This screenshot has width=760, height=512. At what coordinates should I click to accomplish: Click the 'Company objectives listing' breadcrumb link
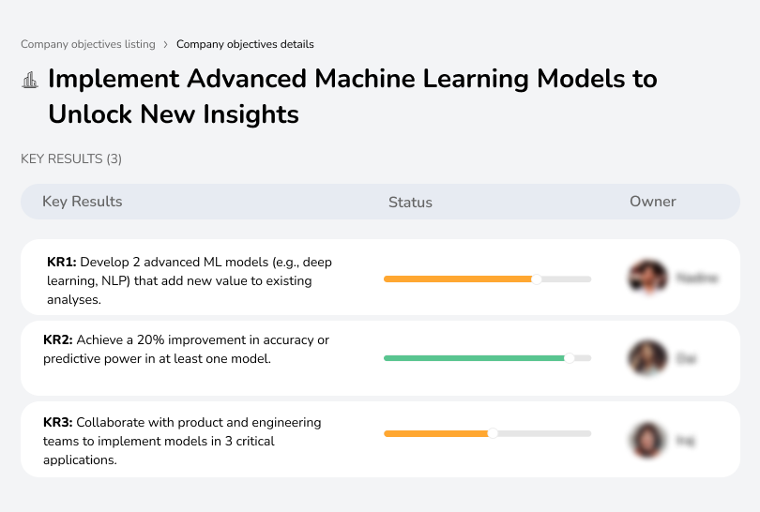[87, 44]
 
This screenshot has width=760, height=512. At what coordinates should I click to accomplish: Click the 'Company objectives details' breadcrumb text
[245, 44]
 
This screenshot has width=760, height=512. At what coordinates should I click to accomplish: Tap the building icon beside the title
[30, 80]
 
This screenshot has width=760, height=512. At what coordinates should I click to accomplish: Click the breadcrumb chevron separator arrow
[165, 44]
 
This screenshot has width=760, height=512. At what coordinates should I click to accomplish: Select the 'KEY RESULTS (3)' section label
[71, 159]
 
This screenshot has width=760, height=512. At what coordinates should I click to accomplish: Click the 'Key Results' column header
[82, 202]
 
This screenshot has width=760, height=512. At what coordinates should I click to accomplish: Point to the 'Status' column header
[410, 202]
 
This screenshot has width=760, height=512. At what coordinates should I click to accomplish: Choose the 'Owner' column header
[653, 202]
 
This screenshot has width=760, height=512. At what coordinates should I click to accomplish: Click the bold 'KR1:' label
[61, 261]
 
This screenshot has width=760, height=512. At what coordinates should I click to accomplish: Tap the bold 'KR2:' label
[58, 339]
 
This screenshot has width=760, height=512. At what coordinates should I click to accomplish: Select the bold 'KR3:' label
[58, 423]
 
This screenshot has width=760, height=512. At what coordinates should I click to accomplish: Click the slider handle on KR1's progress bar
[537, 279]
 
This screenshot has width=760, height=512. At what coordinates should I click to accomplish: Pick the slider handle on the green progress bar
[569, 358]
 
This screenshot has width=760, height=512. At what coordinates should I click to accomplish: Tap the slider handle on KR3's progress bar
[493, 433]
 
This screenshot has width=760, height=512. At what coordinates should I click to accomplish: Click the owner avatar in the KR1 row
[646, 278]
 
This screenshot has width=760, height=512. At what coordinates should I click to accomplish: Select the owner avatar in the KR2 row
[646, 357]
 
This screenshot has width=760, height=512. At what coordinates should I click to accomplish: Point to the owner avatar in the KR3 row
[646, 439]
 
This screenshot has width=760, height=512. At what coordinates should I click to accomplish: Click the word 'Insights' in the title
[246, 114]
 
